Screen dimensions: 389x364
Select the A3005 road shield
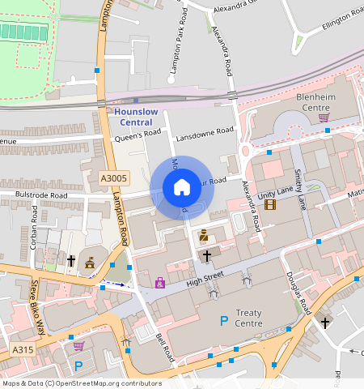click(x=114, y=178)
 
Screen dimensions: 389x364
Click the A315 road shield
click(x=22, y=349)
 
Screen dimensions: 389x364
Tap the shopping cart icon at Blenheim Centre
click(x=324, y=118)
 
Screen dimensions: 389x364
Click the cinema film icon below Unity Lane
click(x=269, y=203)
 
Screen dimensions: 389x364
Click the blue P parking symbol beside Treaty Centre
click(x=224, y=322)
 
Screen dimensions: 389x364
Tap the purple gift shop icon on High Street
click(x=160, y=283)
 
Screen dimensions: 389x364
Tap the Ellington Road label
click(x=343, y=21)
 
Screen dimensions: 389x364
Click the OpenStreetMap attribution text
click(x=82, y=383)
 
